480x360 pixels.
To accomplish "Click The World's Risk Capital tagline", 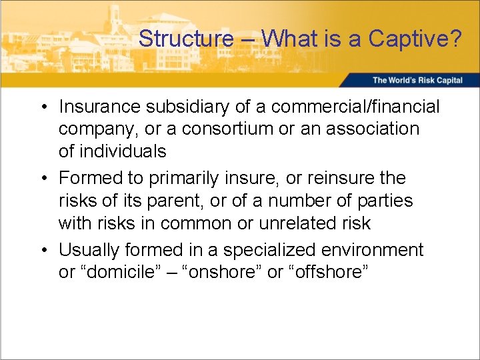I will [417, 80].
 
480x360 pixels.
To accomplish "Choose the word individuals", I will [122, 151].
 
